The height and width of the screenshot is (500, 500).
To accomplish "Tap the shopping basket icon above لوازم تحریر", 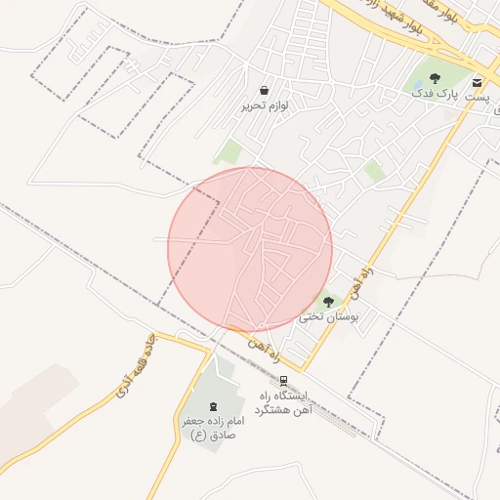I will (265, 90).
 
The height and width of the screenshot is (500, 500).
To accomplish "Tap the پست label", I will (476, 99).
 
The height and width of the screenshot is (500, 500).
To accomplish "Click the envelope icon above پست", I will (477, 82).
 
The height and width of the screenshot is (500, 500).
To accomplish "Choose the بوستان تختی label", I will (328, 317).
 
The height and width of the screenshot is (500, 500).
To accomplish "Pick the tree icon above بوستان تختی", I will (327, 302).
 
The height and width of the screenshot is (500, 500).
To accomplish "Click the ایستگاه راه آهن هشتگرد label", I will (281, 402).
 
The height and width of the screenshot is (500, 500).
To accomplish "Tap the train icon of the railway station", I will (283, 380).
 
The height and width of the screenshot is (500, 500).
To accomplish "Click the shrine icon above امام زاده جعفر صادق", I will (214, 404).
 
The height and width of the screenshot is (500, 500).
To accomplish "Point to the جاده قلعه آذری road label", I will (134, 377).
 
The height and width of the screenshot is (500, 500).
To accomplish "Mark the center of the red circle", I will (250, 249).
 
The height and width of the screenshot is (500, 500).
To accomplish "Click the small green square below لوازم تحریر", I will (230, 151).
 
